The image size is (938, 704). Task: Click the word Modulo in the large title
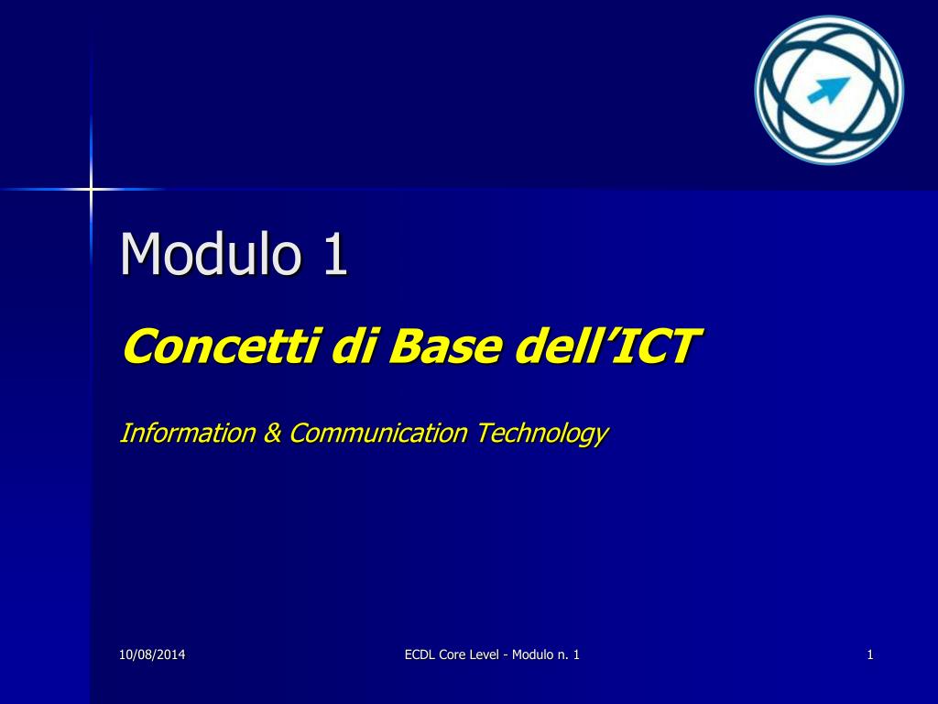point(211,253)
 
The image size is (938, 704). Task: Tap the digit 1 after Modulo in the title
point(335,254)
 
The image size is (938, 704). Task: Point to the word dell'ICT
point(606,346)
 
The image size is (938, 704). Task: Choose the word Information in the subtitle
point(188,433)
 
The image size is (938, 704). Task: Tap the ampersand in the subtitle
point(272,433)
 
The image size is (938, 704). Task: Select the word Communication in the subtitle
point(378,433)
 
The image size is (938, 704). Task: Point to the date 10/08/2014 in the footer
point(152,654)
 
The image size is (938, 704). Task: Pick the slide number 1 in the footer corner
point(870,654)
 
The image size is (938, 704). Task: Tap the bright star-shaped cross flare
point(91,189)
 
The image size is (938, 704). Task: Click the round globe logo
point(829,91)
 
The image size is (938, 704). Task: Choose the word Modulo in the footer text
point(532,654)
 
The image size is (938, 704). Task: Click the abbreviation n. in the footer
point(562,655)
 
